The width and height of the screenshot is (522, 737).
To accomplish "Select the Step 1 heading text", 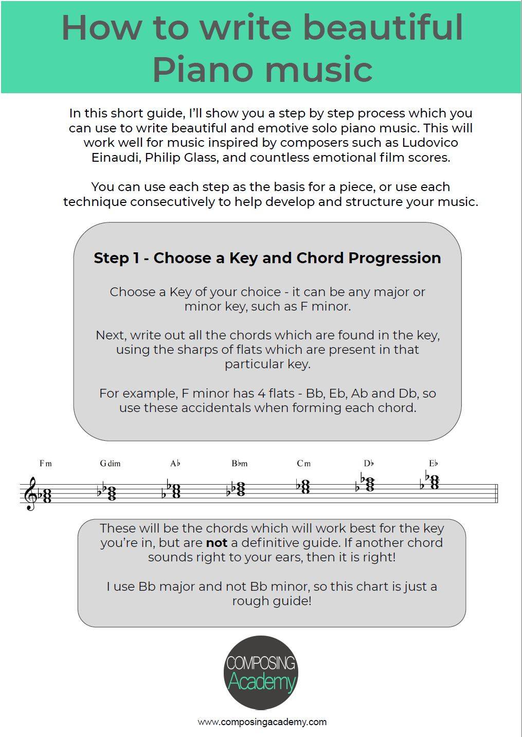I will [x=267, y=258].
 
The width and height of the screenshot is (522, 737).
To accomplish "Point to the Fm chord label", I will [x=46, y=464].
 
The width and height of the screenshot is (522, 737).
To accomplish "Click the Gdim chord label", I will [x=110, y=464].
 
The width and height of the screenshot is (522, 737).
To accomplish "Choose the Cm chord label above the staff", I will [x=303, y=464].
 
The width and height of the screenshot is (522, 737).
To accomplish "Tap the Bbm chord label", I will [x=239, y=464].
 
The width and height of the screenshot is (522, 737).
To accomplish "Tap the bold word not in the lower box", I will [x=217, y=543].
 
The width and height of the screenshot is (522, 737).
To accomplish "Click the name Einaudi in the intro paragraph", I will [x=116, y=158].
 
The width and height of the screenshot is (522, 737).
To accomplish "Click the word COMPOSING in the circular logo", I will [x=261, y=663].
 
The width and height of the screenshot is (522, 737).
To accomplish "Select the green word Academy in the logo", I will [x=261, y=682].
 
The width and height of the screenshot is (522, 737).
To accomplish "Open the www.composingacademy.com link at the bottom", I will [x=262, y=722].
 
